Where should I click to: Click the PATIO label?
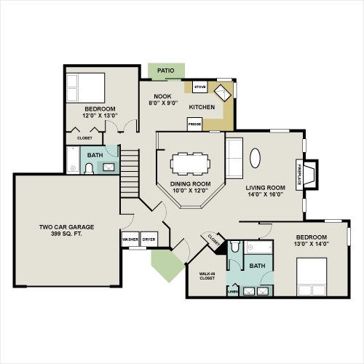[166, 71]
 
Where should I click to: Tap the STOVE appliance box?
[200, 87]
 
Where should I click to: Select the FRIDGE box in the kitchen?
[194, 124]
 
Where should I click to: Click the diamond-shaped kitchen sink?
[222, 93]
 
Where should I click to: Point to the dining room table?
[191, 164]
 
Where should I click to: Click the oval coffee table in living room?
[255, 158]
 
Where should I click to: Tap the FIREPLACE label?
[299, 175]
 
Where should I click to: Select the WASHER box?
[130, 240]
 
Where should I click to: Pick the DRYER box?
[149, 240]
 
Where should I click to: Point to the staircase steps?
[130, 173]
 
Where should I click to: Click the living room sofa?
[234, 158]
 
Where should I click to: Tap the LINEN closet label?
[233, 291]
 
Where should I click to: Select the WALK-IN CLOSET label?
[207, 276]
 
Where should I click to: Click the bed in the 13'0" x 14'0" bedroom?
[312, 277]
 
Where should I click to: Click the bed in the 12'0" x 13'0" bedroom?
[85, 88]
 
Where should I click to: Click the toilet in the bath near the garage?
[89, 168]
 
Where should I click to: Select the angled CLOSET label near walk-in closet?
[214, 240]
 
